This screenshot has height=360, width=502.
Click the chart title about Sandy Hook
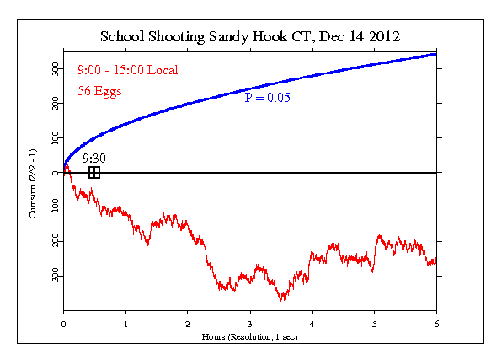[x=249, y=37]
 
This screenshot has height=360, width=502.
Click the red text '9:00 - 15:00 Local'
[x=127, y=69]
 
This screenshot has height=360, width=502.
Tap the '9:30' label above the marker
[x=93, y=158]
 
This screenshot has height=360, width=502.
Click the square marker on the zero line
[x=94, y=172]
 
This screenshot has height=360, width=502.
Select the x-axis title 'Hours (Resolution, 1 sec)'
[x=249, y=336]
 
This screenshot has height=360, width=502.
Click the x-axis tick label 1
[x=125, y=323]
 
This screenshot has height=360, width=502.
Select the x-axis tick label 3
[x=250, y=323]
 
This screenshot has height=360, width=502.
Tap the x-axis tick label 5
[x=374, y=323]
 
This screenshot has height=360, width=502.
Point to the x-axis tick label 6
[x=436, y=323]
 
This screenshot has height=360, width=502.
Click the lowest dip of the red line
[x=281, y=300]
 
